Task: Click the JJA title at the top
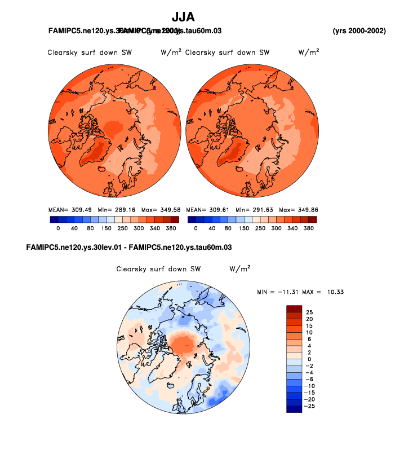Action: point(183,17)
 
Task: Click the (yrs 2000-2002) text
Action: point(359,30)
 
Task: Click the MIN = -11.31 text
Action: point(277,292)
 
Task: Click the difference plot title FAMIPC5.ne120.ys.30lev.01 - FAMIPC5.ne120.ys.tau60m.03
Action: point(129,248)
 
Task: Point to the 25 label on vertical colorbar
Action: point(309,312)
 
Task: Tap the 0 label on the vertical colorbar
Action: point(309,359)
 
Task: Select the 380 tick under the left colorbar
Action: point(171,229)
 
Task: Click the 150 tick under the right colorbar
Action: point(243,229)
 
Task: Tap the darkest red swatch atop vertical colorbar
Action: point(294,309)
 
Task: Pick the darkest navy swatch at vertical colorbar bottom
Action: point(294,409)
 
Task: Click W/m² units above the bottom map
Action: point(239,269)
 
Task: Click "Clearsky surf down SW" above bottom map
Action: point(158,269)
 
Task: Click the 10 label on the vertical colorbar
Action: point(309,332)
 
